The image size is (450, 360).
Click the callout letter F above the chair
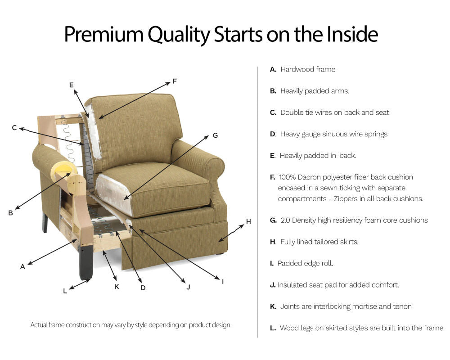click(175, 81)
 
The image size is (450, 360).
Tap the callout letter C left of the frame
click(14, 128)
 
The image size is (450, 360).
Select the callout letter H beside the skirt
click(248, 221)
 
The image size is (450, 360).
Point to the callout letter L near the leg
click(65, 291)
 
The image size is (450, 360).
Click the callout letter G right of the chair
click(215, 135)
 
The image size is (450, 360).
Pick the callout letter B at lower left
click(10, 213)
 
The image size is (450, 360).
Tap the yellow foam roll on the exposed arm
click(61, 172)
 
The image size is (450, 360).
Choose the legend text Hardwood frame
click(308, 69)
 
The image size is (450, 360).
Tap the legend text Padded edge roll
click(305, 263)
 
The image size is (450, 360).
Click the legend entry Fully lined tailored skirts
click(319, 242)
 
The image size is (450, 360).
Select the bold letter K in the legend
click(273, 306)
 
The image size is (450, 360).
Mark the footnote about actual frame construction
click(130, 324)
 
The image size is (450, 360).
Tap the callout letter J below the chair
click(188, 287)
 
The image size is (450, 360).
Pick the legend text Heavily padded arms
click(315, 91)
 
